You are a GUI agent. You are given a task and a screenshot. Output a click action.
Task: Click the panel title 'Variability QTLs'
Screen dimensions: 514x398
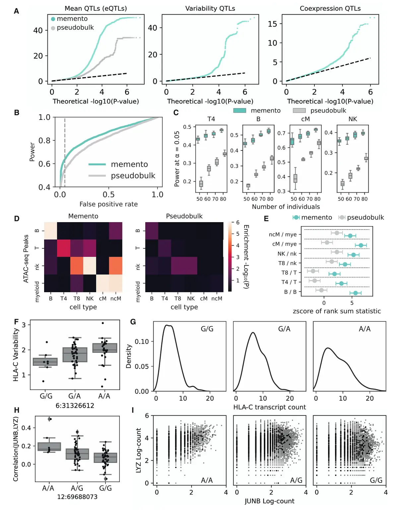(210, 9)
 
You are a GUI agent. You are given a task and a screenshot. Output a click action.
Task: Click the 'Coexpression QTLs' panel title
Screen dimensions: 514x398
(330, 9)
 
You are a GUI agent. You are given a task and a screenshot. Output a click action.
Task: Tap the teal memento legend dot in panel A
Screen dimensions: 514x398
(53, 19)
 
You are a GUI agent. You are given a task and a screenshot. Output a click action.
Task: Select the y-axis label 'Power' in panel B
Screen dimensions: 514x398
(32, 152)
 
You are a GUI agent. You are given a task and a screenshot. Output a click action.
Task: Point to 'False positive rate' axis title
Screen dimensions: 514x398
(108, 204)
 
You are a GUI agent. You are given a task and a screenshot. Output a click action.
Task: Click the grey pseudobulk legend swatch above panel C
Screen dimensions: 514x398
(299, 111)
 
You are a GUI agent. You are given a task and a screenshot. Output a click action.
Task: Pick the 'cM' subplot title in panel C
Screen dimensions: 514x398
(305, 119)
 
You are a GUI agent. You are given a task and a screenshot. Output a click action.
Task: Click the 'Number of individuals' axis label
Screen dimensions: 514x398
(286, 207)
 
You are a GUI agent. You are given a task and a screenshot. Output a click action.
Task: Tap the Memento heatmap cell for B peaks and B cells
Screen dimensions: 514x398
(50, 231)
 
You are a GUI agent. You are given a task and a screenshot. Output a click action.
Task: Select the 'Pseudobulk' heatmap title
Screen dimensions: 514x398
(184, 216)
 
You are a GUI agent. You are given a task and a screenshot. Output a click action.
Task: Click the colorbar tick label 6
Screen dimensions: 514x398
(237, 222)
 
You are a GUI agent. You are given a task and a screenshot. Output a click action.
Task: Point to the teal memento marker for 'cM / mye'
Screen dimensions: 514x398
(361, 245)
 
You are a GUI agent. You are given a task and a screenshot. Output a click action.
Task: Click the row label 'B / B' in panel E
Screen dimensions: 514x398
(290, 292)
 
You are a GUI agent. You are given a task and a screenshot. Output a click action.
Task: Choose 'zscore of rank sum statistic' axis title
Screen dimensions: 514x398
(337, 311)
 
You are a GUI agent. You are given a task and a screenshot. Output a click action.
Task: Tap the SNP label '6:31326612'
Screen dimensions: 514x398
(75, 406)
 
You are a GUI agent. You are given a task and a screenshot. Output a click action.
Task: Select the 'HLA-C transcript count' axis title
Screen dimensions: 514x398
(269, 407)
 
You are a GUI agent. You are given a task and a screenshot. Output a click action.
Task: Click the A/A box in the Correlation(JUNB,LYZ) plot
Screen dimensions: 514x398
(49, 447)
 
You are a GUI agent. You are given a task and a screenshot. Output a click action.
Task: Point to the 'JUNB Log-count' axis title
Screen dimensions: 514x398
(269, 501)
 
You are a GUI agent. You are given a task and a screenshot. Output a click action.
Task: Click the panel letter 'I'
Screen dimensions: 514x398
(133, 410)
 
